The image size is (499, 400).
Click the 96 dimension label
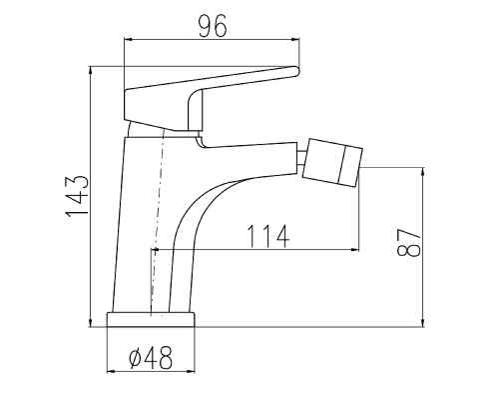[x=213, y=26]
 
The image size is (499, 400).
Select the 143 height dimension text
[x=77, y=196]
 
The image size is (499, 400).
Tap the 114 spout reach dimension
[x=269, y=236]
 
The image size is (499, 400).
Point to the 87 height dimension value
[x=409, y=242]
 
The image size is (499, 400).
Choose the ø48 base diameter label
[x=151, y=358]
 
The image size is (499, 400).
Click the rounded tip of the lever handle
[x=296, y=71]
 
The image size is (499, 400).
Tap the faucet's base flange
[x=151, y=320]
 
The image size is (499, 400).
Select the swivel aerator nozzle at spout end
[x=332, y=163]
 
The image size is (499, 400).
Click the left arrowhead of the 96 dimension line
[x=127, y=40]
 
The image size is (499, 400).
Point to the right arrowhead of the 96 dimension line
[x=296, y=40]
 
